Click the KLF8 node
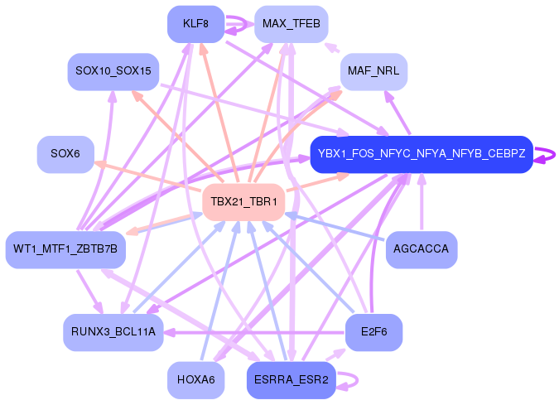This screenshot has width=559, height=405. [x=195, y=23]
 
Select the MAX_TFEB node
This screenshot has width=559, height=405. [x=291, y=23]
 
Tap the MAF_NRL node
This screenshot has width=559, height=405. [x=373, y=71]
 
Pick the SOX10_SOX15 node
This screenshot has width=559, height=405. [x=113, y=71]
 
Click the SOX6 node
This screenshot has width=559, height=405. [x=65, y=154]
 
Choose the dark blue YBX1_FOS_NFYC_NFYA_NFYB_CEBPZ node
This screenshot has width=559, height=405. [x=421, y=154]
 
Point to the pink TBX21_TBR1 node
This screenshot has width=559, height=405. [x=243, y=202]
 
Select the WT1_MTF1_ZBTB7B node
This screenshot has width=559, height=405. [x=65, y=249]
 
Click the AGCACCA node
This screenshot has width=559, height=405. [x=421, y=249]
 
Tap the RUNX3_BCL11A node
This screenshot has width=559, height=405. [x=113, y=332]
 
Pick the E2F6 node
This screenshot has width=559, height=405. [x=373, y=332]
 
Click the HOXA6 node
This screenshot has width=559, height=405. [x=195, y=380]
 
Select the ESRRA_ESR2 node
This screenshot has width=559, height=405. [x=291, y=380]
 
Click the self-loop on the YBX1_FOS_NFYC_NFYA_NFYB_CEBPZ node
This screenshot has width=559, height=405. [x=547, y=154]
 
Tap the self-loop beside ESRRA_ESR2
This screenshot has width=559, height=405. [x=349, y=380]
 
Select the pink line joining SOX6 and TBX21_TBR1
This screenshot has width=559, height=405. [x=149, y=176]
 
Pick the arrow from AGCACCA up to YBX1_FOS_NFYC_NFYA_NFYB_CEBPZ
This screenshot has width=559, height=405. [x=421, y=203]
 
